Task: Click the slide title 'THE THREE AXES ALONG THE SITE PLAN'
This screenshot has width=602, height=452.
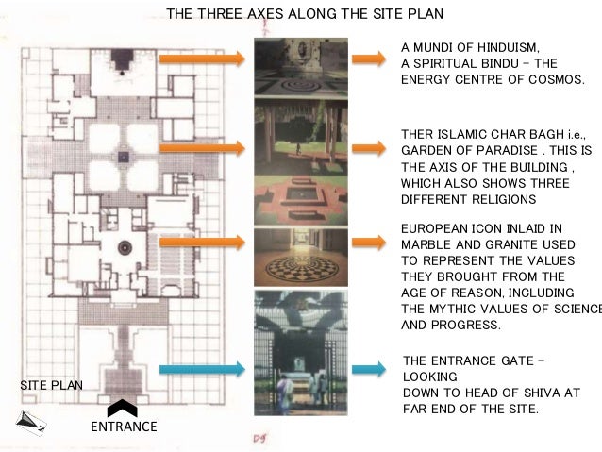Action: click(304, 15)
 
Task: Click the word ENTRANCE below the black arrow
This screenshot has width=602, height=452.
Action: click(123, 427)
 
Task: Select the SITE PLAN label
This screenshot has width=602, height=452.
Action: click(51, 385)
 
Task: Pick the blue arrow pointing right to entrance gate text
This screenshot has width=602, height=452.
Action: click(368, 370)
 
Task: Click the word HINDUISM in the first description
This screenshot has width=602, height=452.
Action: click(506, 47)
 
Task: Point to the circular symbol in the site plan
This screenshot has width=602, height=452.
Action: click(124, 245)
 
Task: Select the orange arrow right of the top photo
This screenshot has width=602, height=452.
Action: click(368, 59)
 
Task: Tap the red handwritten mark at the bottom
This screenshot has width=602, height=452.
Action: click(260, 439)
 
